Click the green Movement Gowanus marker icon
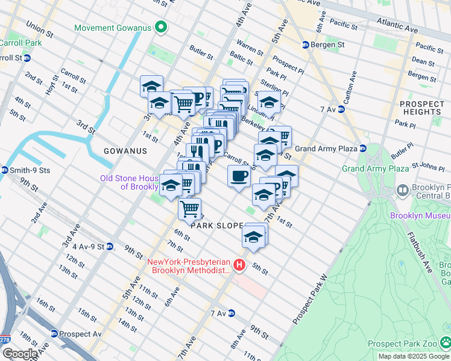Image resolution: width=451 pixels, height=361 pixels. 160,28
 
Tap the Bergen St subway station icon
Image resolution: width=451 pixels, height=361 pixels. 306,45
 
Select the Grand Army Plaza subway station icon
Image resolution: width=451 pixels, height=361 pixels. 362,149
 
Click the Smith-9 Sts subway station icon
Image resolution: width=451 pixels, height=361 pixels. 5,170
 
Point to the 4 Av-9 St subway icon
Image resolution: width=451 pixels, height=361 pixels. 109,246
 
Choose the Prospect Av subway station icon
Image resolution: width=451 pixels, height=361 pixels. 54,333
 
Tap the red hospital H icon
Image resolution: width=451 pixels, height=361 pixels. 240,265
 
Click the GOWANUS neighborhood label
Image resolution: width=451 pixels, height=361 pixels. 125,151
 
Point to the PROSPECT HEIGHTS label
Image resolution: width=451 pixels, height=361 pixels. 421,108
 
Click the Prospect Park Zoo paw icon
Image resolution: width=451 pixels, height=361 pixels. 445,343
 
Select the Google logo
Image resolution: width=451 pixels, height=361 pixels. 19,353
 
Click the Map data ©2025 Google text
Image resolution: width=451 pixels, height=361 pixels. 413,356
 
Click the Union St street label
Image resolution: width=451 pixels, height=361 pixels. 39,28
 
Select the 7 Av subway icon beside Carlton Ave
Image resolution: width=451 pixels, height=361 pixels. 341,109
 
